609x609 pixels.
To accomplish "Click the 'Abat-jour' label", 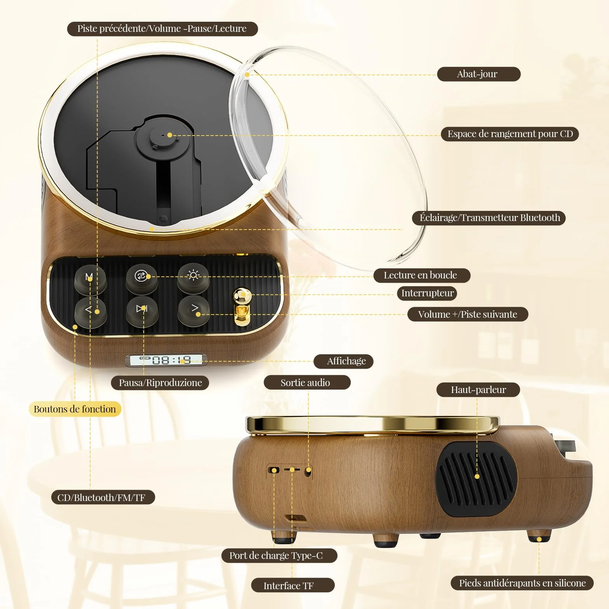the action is (x=478, y=74).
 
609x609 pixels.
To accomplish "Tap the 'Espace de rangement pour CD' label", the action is (x=510, y=134).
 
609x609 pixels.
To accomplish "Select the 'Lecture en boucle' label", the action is (x=422, y=275).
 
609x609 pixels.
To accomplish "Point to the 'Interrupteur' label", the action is (x=427, y=293).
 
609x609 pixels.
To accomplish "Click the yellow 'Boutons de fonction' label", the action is (x=75, y=409).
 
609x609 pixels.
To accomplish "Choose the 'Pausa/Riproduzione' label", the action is (x=160, y=383).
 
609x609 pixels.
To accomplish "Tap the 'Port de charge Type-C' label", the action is (x=279, y=555).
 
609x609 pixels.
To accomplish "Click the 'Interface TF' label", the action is (x=293, y=585).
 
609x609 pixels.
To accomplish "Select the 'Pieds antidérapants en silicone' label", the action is (x=522, y=583).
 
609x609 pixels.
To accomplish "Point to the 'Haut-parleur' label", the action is (x=478, y=390).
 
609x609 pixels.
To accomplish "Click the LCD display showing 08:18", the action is (x=166, y=360).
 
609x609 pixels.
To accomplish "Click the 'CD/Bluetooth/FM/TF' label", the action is (x=103, y=498).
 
